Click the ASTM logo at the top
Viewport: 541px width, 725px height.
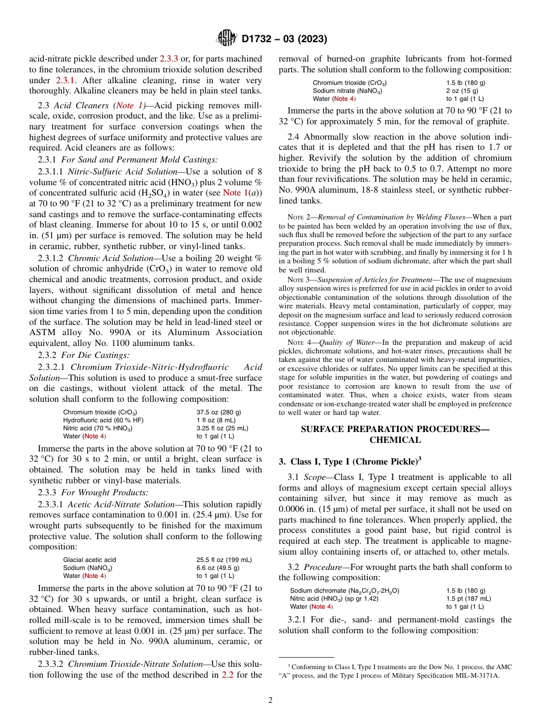(227, 39)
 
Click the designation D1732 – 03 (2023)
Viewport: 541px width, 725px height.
(284, 39)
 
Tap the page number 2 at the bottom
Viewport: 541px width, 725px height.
(270, 700)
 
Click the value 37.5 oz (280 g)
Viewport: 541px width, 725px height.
(219, 412)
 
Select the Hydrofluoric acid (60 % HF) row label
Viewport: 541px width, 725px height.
(103, 420)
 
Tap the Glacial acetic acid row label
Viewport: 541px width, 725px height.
(89, 560)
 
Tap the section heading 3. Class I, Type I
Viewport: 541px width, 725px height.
(350, 461)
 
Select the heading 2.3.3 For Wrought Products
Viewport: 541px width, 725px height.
(85, 492)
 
